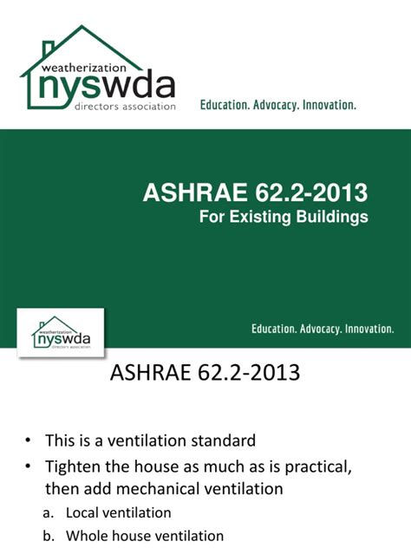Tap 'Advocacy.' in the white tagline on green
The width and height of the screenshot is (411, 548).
point(320,329)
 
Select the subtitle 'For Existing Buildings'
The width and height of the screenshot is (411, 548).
point(284,217)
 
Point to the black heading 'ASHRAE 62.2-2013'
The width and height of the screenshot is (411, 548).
point(205,374)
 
